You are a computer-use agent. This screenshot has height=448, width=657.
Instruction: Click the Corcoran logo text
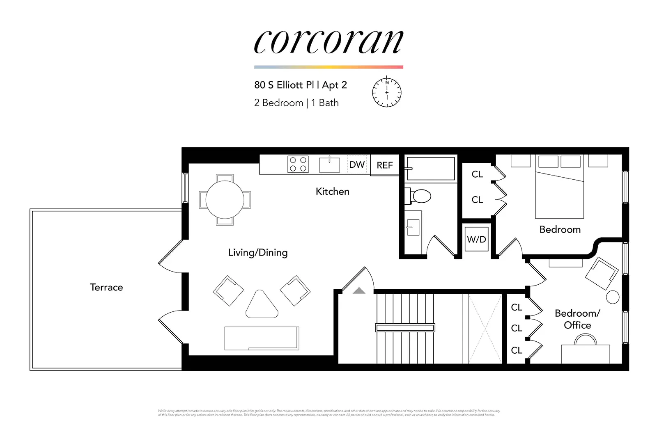pyautogui.click(x=328, y=42)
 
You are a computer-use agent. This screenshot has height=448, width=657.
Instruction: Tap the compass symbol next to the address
pyautogui.click(x=386, y=92)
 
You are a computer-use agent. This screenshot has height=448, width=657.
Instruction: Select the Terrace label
pyautogui.click(x=106, y=287)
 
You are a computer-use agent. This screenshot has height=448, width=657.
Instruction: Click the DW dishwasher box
pyautogui.click(x=357, y=165)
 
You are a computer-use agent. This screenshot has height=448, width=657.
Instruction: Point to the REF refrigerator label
pyautogui.click(x=385, y=165)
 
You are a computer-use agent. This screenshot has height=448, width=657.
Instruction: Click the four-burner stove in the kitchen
pyautogui.click(x=298, y=165)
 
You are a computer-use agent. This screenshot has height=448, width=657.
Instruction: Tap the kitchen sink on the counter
pyautogui.click(x=329, y=165)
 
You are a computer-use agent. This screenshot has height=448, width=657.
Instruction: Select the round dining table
pyautogui.click(x=225, y=200)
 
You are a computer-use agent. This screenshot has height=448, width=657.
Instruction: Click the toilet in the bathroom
pyautogui.click(x=419, y=196)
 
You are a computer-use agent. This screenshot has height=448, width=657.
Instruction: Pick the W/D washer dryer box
pyautogui.click(x=476, y=239)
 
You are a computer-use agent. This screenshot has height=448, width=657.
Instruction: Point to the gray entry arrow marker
pyautogui.click(x=359, y=290)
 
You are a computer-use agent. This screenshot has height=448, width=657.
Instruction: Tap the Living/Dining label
pyautogui.click(x=257, y=252)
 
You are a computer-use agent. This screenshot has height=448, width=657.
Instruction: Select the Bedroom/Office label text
pyautogui.click(x=577, y=319)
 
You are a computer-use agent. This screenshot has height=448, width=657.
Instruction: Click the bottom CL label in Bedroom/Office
pyautogui.click(x=517, y=350)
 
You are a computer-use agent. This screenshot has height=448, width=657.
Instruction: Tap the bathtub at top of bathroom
pyautogui.click(x=430, y=168)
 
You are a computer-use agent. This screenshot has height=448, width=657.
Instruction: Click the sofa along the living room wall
pyautogui.click(x=262, y=338)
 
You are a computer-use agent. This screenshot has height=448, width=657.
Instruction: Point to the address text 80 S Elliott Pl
pyautogui.click(x=283, y=85)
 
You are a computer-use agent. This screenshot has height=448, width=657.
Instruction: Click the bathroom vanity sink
pyautogui.click(x=413, y=227)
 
